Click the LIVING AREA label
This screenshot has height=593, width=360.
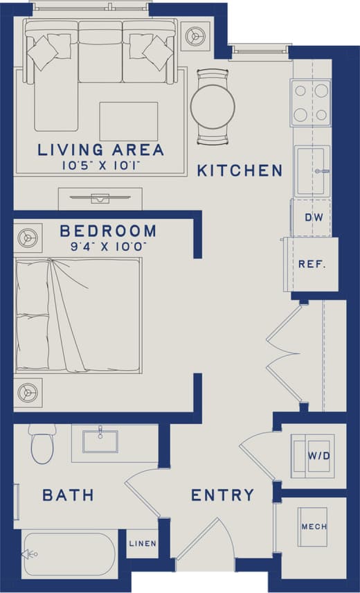101,150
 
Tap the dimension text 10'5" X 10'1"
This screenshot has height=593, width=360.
101,165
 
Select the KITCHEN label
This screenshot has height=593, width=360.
240,170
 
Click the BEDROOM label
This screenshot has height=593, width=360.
107,231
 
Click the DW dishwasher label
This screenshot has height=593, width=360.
314,218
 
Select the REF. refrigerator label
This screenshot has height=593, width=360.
312,264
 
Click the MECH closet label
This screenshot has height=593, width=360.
314,527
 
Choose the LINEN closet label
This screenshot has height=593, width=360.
143,544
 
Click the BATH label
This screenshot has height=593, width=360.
68,495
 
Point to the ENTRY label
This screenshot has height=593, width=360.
222,495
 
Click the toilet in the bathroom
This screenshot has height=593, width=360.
42,445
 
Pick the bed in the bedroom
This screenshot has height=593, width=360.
78,315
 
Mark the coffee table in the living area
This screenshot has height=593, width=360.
129,121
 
